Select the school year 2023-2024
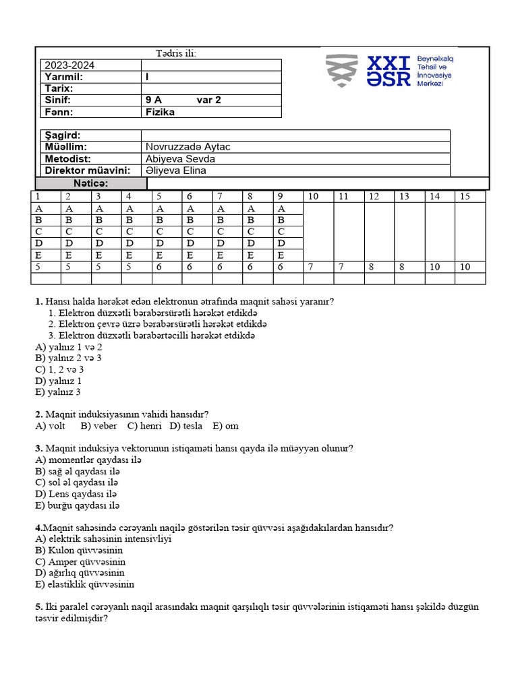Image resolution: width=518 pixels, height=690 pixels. click(x=69, y=65)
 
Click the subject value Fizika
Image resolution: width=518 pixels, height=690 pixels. click(x=160, y=112)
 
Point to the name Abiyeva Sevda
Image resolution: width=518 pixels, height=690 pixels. click(x=180, y=158)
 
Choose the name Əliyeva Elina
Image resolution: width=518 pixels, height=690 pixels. click(x=176, y=170)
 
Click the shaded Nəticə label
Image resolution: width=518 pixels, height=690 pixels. click(x=90, y=183)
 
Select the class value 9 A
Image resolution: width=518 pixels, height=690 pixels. click(x=154, y=100)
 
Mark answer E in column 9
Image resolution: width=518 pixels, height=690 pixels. click(x=281, y=255)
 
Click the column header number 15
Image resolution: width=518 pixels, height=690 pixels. click(x=464, y=196)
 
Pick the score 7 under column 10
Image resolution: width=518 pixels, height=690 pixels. click(x=311, y=267)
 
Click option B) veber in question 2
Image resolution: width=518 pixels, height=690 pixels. click(x=98, y=426)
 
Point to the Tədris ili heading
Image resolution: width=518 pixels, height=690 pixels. click(x=176, y=53)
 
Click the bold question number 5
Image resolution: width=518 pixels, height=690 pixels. click(x=38, y=606)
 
